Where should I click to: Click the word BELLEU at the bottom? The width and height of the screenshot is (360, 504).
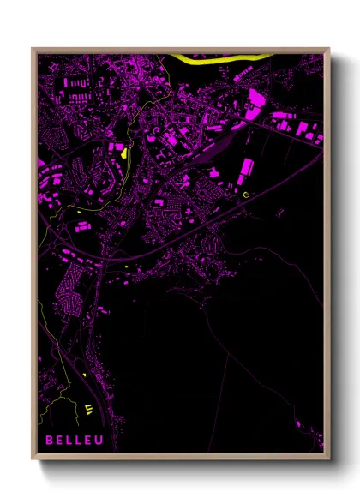75,440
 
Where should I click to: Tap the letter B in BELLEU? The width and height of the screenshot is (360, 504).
50,440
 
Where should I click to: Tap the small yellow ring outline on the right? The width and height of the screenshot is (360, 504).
248,195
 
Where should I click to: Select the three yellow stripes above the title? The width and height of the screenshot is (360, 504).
89,408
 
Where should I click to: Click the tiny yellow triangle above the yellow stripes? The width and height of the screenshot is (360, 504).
87,375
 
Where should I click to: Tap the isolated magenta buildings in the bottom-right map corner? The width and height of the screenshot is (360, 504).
297,424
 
